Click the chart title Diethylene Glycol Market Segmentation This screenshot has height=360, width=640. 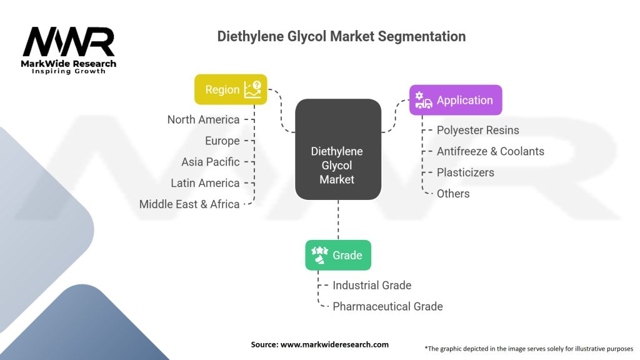[x=341, y=36]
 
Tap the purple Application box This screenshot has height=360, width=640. [x=455, y=100]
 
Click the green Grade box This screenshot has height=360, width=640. [x=337, y=255]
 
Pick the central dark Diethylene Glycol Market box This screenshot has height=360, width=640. [x=337, y=150]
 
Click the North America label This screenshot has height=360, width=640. [x=203, y=119]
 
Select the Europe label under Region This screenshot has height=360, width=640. [x=222, y=141]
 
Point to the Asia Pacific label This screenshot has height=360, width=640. [x=211, y=162]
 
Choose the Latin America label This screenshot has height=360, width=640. [x=205, y=183]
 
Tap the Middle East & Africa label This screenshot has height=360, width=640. [x=189, y=204]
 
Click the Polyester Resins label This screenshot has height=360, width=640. [x=477, y=130]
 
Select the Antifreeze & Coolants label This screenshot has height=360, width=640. [x=490, y=151]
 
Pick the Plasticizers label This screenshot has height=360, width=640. [x=465, y=172]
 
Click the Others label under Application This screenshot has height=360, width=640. [x=453, y=194]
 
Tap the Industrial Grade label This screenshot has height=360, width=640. [x=372, y=285]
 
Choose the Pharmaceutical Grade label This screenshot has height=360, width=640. [x=387, y=306]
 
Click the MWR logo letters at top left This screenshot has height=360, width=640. [x=69, y=42]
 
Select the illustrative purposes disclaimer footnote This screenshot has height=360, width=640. [x=529, y=348]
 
